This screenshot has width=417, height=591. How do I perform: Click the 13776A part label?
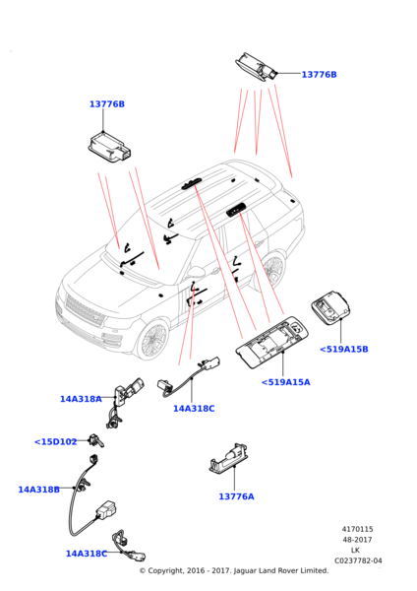[236, 496]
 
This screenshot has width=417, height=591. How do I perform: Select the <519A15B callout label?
[343, 349]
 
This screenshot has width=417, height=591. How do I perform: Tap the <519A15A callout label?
[285, 382]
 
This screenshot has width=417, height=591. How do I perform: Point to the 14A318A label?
[81, 399]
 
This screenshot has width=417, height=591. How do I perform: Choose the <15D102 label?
[56, 441]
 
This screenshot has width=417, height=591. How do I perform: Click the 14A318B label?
[38, 490]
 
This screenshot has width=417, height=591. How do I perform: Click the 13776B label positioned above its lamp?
[107, 104]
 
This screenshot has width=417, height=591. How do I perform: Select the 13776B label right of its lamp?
[320, 75]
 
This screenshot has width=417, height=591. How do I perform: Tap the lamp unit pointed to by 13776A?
[229, 459]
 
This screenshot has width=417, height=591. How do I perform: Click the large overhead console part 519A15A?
[271, 343]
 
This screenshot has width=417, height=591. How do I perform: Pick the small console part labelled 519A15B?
[330, 307]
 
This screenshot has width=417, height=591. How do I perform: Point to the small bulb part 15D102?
[96, 440]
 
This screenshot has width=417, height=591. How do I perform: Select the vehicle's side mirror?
[196, 272]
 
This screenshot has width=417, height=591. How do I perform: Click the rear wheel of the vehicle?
[272, 270]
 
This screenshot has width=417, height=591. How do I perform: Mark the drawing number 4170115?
[358, 529]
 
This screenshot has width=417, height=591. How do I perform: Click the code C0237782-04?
[358, 560]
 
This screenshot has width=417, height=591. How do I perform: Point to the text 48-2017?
[357, 540]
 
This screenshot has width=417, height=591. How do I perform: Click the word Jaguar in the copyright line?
[246, 571]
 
